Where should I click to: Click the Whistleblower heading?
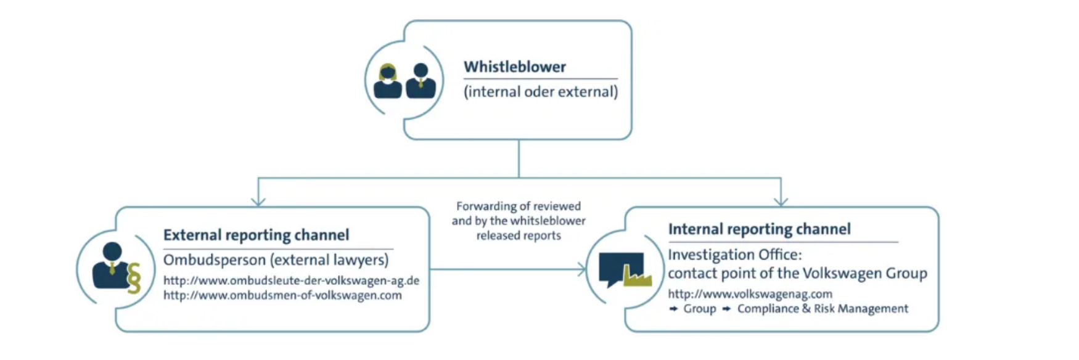514,67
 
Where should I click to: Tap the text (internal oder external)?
541,92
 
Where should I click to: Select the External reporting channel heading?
256,235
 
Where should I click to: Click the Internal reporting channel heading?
759,229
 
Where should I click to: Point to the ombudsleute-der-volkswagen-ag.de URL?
291,280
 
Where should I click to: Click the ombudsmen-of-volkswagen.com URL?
282,295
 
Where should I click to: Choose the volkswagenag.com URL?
750,294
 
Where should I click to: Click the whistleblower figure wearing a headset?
388,81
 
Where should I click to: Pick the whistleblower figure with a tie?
421,81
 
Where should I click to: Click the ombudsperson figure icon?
111,266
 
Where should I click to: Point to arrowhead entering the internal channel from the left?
581,269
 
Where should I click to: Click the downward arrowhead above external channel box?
258,201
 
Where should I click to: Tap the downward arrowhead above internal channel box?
781,201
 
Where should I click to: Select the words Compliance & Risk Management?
823,309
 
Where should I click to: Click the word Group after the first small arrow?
699,309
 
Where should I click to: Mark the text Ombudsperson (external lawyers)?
276,260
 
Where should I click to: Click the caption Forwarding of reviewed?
518,206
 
